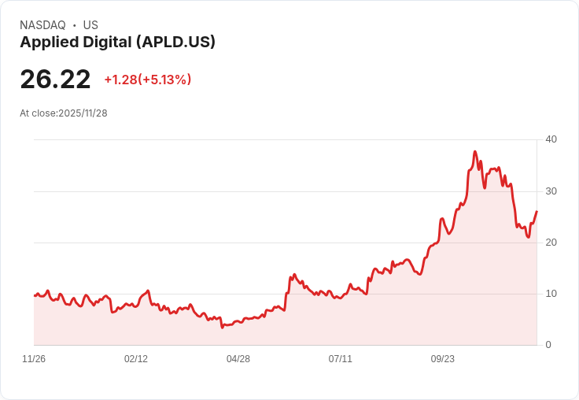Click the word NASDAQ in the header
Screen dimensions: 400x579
click(x=42, y=25)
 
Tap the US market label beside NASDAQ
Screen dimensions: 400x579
click(x=90, y=25)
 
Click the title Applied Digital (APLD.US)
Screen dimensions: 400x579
click(x=117, y=43)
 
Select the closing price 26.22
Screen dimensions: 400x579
click(x=55, y=79)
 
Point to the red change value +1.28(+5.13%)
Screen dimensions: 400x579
click(x=148, y=80)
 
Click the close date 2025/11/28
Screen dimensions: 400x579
click(x=83, y=113)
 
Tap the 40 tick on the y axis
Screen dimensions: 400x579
click(x=551, y=139)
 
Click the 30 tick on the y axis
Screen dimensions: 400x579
click(x=551, y=191)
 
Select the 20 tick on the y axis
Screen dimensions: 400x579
click(x=551, y=243)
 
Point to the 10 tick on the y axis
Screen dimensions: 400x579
click(x=551, y=294)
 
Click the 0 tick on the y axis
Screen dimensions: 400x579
click(x=548, y=345)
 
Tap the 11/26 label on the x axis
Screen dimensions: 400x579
click(x=34, y=359)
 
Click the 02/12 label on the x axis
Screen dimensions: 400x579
click(x=136, y=359)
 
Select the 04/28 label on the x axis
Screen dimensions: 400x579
click(x=238, y=359)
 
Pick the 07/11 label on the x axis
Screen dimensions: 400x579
click(x=341, y=359)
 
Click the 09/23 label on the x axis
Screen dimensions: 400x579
click(x=443, y=359)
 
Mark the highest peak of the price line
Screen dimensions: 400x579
click(x=474, y=151)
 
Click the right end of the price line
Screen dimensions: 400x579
click(x=537, y=211)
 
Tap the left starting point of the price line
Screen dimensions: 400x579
click(x=35, y=295)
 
